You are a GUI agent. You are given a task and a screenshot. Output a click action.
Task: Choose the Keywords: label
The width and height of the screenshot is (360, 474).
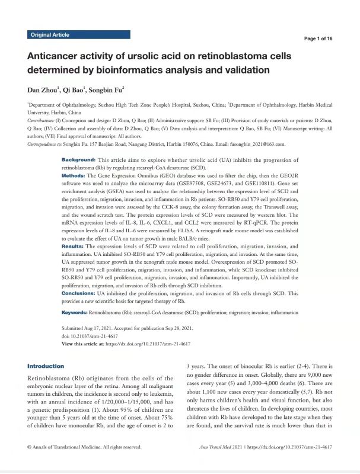point(74,311)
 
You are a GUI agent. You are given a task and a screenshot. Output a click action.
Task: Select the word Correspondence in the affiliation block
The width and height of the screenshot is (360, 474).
point(45,144)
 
